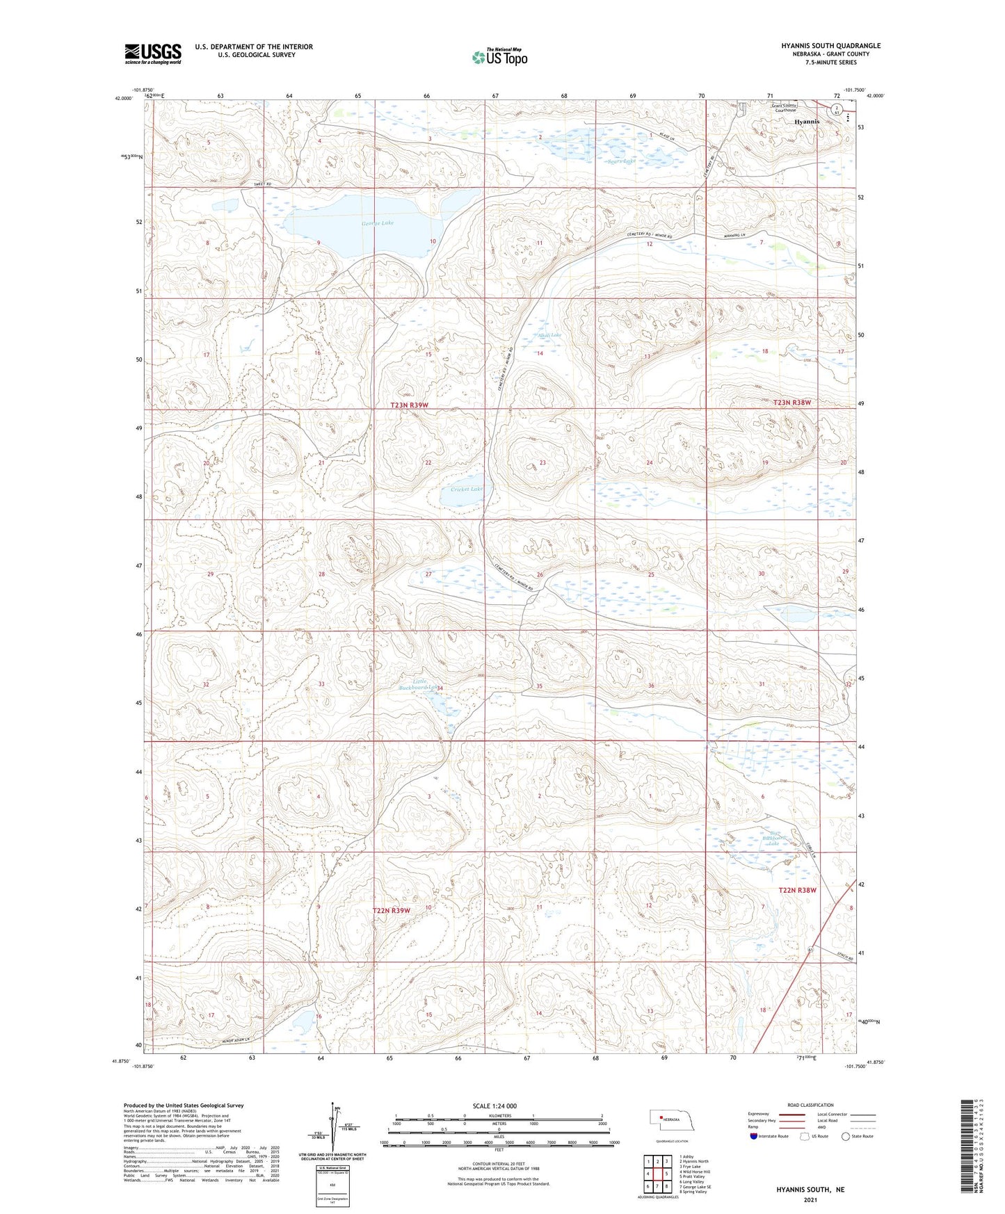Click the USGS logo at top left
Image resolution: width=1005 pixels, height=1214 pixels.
coord(152,54)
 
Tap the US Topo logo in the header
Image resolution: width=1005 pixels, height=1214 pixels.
coord(499,57)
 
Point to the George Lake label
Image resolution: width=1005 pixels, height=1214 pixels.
coord(377,223)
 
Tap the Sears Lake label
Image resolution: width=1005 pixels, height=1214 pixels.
coord(620,161)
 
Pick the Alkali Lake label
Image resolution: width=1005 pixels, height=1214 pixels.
coord(549,335)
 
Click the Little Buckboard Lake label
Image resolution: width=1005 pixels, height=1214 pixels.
coord(417,685)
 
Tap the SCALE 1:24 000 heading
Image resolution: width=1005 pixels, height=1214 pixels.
coord(495,1106)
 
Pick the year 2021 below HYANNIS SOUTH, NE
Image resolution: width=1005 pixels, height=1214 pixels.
coord(810,1200)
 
